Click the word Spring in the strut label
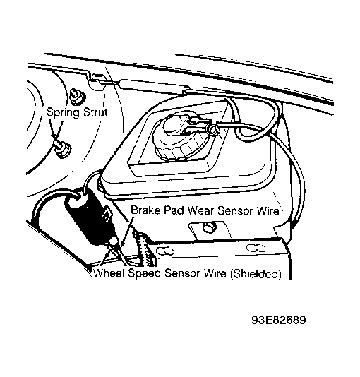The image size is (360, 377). (x=63, y=113)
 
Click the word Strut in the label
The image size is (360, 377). (x=95, y=112)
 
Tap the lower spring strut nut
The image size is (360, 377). (x=62, y=149)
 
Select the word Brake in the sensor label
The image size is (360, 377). (x=145, y=210)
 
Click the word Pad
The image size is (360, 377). (x=174, y=210)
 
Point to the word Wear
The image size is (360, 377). (x=200, y=210)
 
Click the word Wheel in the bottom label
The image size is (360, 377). (x=109, y=273)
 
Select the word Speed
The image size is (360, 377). (x=144, y=274)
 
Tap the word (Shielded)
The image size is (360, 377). (x=256, y=274)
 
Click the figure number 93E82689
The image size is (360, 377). (x=279, y=320)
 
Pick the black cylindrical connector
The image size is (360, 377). (x=88, y=214)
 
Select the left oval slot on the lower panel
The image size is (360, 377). (x=164, y=251)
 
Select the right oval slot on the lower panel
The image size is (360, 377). (x=256, y=248)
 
